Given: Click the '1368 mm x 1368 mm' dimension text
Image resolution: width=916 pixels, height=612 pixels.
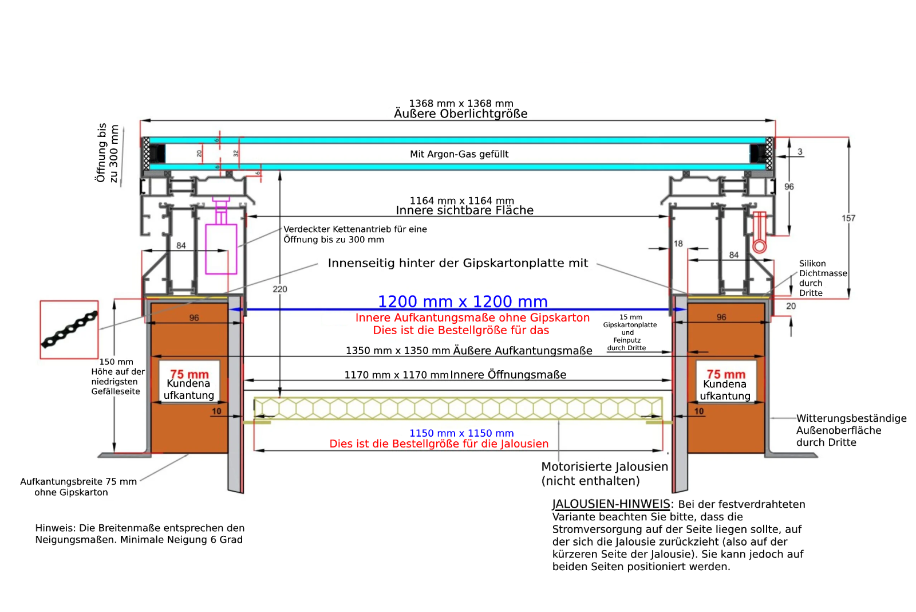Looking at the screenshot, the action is pyautogui.click(x=461, y=103).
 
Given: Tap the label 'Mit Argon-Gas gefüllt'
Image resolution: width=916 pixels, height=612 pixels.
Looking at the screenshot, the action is pyautogui.click(x=459, y=154).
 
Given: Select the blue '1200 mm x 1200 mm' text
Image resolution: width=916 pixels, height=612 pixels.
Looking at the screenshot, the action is pyautogui.click(x=463, y=301).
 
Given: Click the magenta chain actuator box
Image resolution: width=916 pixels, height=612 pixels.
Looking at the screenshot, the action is pyautogui.click(x=221, y=249).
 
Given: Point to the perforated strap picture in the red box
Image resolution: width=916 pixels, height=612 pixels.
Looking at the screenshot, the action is pyautogui.click(x=69, y=329).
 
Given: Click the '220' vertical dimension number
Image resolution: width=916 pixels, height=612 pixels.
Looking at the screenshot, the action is pyautogui.click(x=280, y=289).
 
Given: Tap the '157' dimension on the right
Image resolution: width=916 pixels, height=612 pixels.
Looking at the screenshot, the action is pyautogui.click(x=848, y=218).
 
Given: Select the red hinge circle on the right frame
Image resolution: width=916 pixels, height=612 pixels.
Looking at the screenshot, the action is pyautogui.click(x=759, y=246).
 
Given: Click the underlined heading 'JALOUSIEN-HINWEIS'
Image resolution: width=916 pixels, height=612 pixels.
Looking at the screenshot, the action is pyautogui.click(x=611, y=504).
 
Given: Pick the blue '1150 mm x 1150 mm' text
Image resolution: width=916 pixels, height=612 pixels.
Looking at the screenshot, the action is pyautogui.click(x=462, y=433).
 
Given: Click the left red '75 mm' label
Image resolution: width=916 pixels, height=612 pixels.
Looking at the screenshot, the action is pyautogui.click(x=189, y=374).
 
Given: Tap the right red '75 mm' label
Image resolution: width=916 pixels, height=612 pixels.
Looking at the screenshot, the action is pyautogui.click(x=726, y=374).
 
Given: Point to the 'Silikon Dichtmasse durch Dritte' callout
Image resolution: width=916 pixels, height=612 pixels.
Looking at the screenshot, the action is pyautogui.click(x=823, y=278).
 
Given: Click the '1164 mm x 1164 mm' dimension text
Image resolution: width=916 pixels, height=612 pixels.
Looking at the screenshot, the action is pyautogui.click(x=461, y=201).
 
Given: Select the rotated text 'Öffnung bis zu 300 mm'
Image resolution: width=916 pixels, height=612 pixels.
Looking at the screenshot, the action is pyautogui.click(x=107, y=153).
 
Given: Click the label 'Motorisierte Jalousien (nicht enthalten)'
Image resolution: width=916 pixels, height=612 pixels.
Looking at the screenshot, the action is pyautogui.click(x=605, y=474).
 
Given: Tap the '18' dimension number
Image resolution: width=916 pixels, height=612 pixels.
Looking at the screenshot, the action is pyautogui.click(x=678, y=244).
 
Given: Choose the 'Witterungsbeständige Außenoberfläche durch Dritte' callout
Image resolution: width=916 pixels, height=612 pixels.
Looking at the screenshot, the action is pyautogui.click(x=851, y=430).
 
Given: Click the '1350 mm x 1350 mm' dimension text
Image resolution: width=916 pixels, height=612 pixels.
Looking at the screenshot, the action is pyautogui.click(x=398, y=351).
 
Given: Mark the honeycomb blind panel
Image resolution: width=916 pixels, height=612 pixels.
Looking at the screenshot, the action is pyautogui.click(x=458, y=408).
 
